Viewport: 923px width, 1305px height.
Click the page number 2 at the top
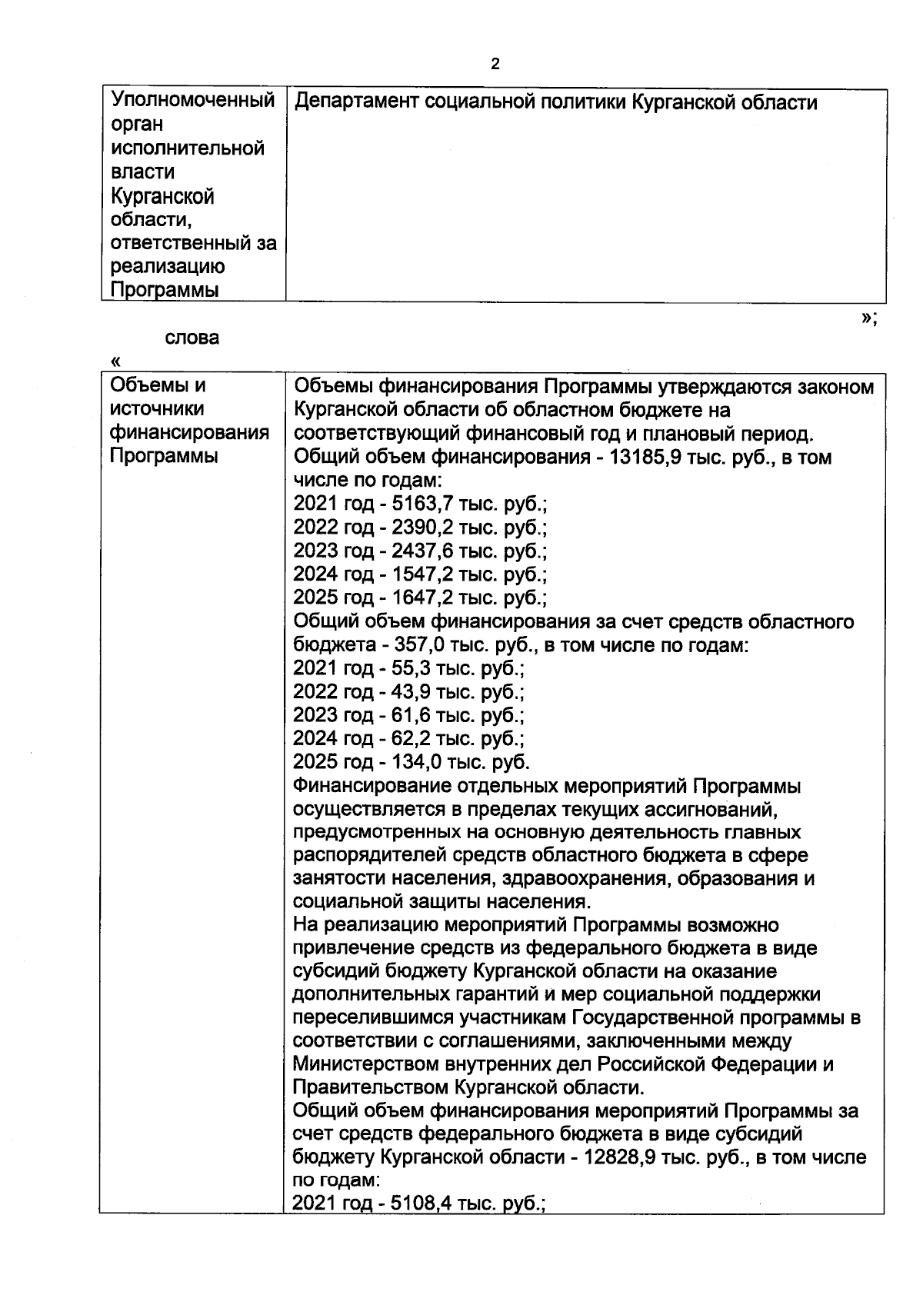495,64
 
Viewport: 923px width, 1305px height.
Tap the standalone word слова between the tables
192,337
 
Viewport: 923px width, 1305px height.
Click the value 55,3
412,668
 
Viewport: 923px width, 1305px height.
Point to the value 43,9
412,691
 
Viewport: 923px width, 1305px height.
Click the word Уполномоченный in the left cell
193,100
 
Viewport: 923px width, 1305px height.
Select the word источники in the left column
157,408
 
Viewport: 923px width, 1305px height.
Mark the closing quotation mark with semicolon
869,318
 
